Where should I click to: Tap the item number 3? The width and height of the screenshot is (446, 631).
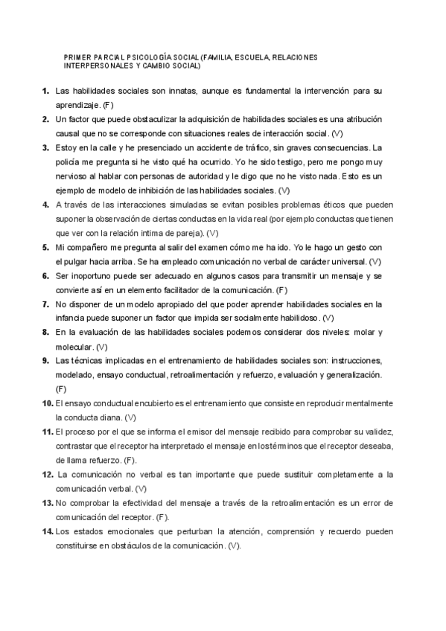click(45, 147)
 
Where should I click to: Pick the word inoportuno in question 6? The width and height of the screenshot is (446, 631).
click(91, 276)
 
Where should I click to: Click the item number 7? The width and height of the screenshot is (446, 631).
click(45, 304)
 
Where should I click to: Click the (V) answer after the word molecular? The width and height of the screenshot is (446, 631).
click(101, 347)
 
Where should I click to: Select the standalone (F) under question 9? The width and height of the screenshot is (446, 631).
click(61, 389)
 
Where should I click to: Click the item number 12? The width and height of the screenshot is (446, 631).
click(45, 474)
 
